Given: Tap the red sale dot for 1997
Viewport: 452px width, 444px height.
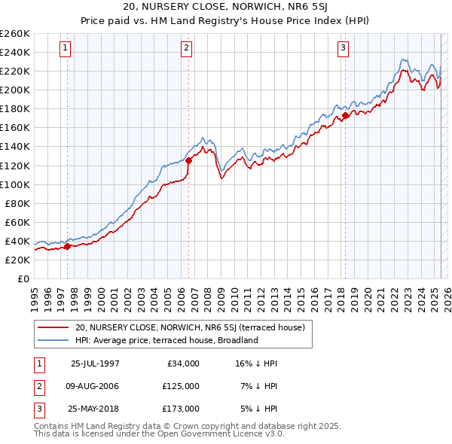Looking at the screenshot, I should [67, 246].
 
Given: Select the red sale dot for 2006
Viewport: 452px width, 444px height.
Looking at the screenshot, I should [188, 160].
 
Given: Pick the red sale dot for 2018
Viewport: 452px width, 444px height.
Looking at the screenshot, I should [345, 114].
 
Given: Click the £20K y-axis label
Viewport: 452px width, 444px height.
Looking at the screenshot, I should [17, 260].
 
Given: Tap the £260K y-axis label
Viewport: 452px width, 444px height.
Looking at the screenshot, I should [15, 34].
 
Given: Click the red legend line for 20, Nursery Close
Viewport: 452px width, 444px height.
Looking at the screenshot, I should [53, 328].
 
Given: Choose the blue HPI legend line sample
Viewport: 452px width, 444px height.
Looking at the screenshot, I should [53, 340].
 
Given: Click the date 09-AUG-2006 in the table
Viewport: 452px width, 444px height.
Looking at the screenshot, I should [95, 386].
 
